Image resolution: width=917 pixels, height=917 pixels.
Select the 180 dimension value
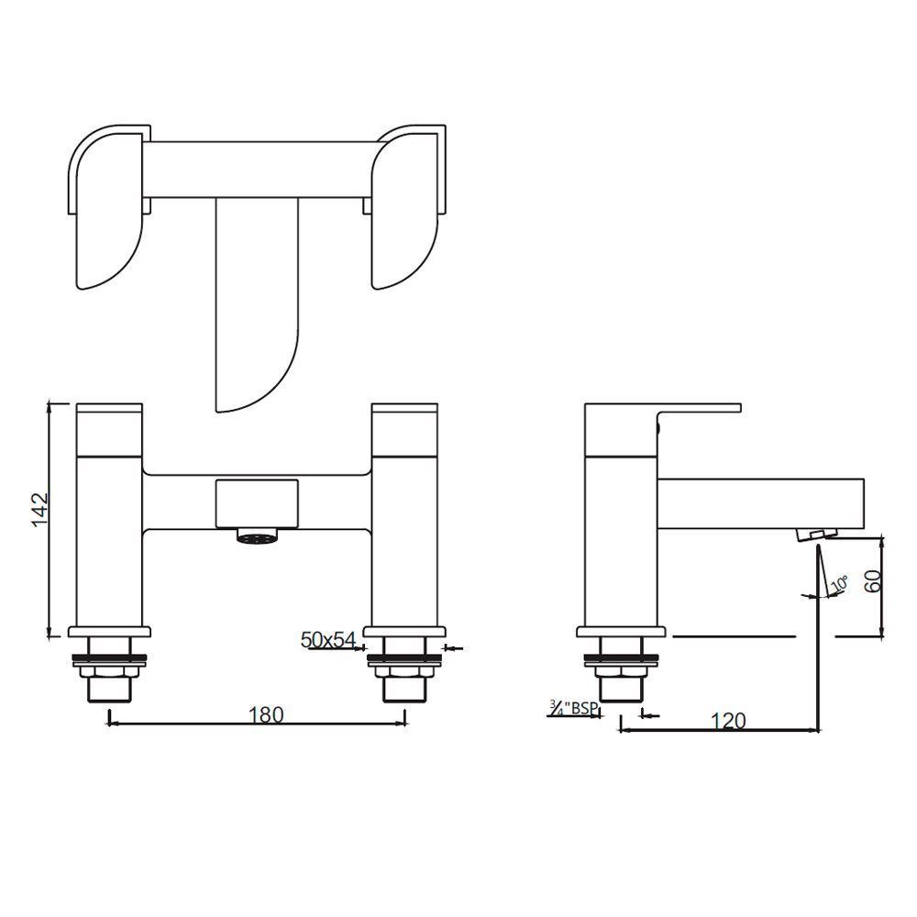coord(266,713)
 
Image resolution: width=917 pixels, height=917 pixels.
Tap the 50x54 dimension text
coord(328,640)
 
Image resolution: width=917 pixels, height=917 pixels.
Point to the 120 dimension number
coord(728,721)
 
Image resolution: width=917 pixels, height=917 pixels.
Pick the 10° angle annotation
coord(838,585)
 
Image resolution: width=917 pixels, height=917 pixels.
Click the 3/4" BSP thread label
coord(571,708)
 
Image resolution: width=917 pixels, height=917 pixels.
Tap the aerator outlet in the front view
coord(258,536)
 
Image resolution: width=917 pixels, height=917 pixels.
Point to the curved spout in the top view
coord(257,303)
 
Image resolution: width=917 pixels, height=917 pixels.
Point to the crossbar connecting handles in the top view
coord(257,169)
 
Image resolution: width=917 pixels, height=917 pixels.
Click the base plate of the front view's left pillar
coord(109,632)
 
